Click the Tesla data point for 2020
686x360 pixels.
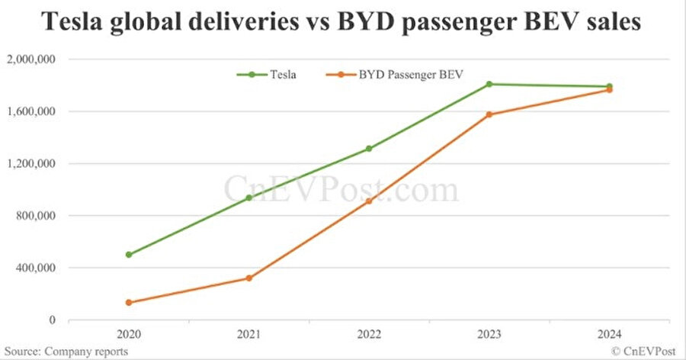point(129,255)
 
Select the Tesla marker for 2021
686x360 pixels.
point(248,198)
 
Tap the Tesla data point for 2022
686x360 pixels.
point(369,149)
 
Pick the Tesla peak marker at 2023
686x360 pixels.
point(489,84)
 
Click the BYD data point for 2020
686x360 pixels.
point(129,303)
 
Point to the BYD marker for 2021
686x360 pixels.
point(248,278)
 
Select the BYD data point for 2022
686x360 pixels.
point(369,201)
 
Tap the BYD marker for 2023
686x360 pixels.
point(489,114)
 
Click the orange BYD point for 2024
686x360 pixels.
point(610,90)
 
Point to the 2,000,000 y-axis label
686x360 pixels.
point(33,59)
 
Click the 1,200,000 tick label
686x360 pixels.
point(33,164)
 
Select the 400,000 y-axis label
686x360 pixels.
point(37,268)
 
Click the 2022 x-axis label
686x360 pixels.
point(369,334)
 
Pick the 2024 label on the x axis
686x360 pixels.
point(610,334)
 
